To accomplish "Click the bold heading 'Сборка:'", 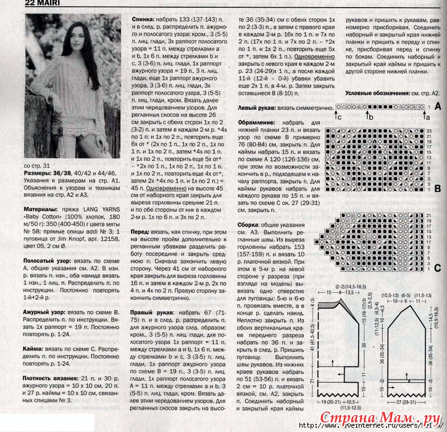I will (x=253, y=226).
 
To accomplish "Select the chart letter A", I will (x=437, y=106).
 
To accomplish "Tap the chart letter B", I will (x=437, y=189).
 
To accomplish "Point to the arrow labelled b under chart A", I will (x=369, y=116).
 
